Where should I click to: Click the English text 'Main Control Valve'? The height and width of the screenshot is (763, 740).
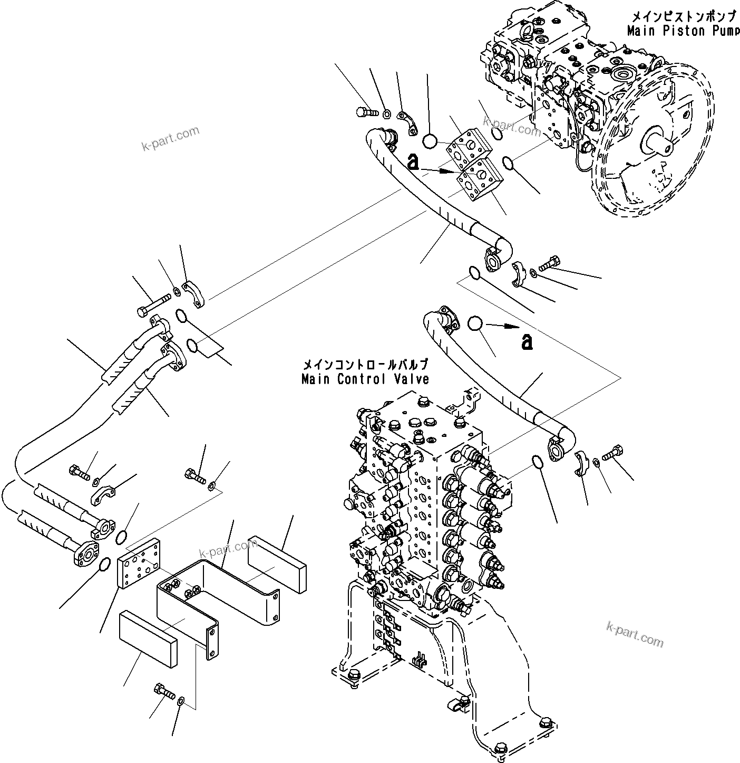365,379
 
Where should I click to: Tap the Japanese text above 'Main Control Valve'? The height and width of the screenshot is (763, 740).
365,365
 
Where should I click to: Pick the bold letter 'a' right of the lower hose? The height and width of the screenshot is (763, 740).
526,342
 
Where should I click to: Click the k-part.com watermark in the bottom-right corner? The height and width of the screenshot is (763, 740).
635,634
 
